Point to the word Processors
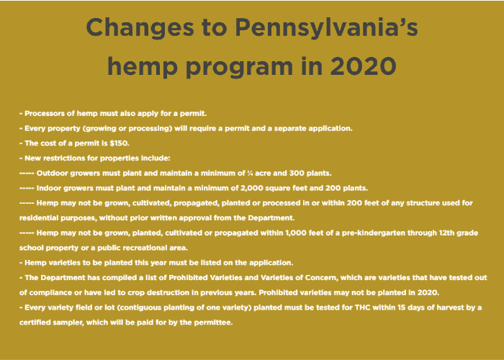coord(46,114)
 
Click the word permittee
coord(212,322)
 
